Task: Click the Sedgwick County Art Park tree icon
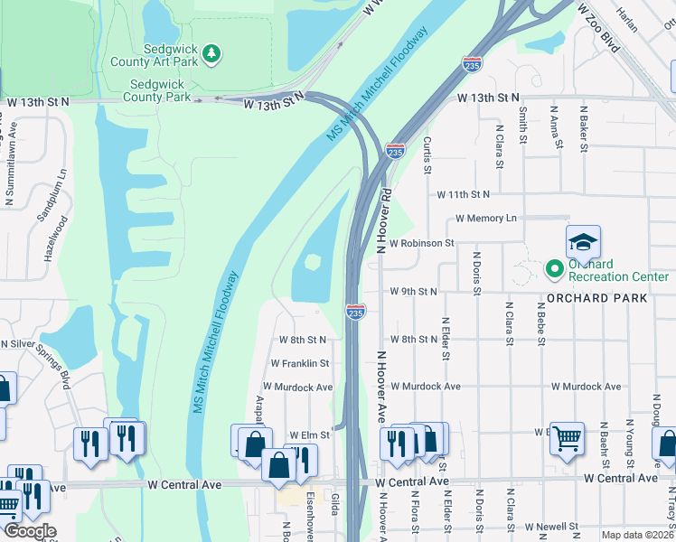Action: point(211,54)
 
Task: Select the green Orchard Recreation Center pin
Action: point(554,269)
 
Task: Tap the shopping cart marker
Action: point(567,440)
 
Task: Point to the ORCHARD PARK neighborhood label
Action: point(596,298)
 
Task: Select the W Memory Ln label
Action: point(485,219)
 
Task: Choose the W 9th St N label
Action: point(414,292)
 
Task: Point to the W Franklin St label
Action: point(300,363)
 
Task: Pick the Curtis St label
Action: point(428,155)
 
